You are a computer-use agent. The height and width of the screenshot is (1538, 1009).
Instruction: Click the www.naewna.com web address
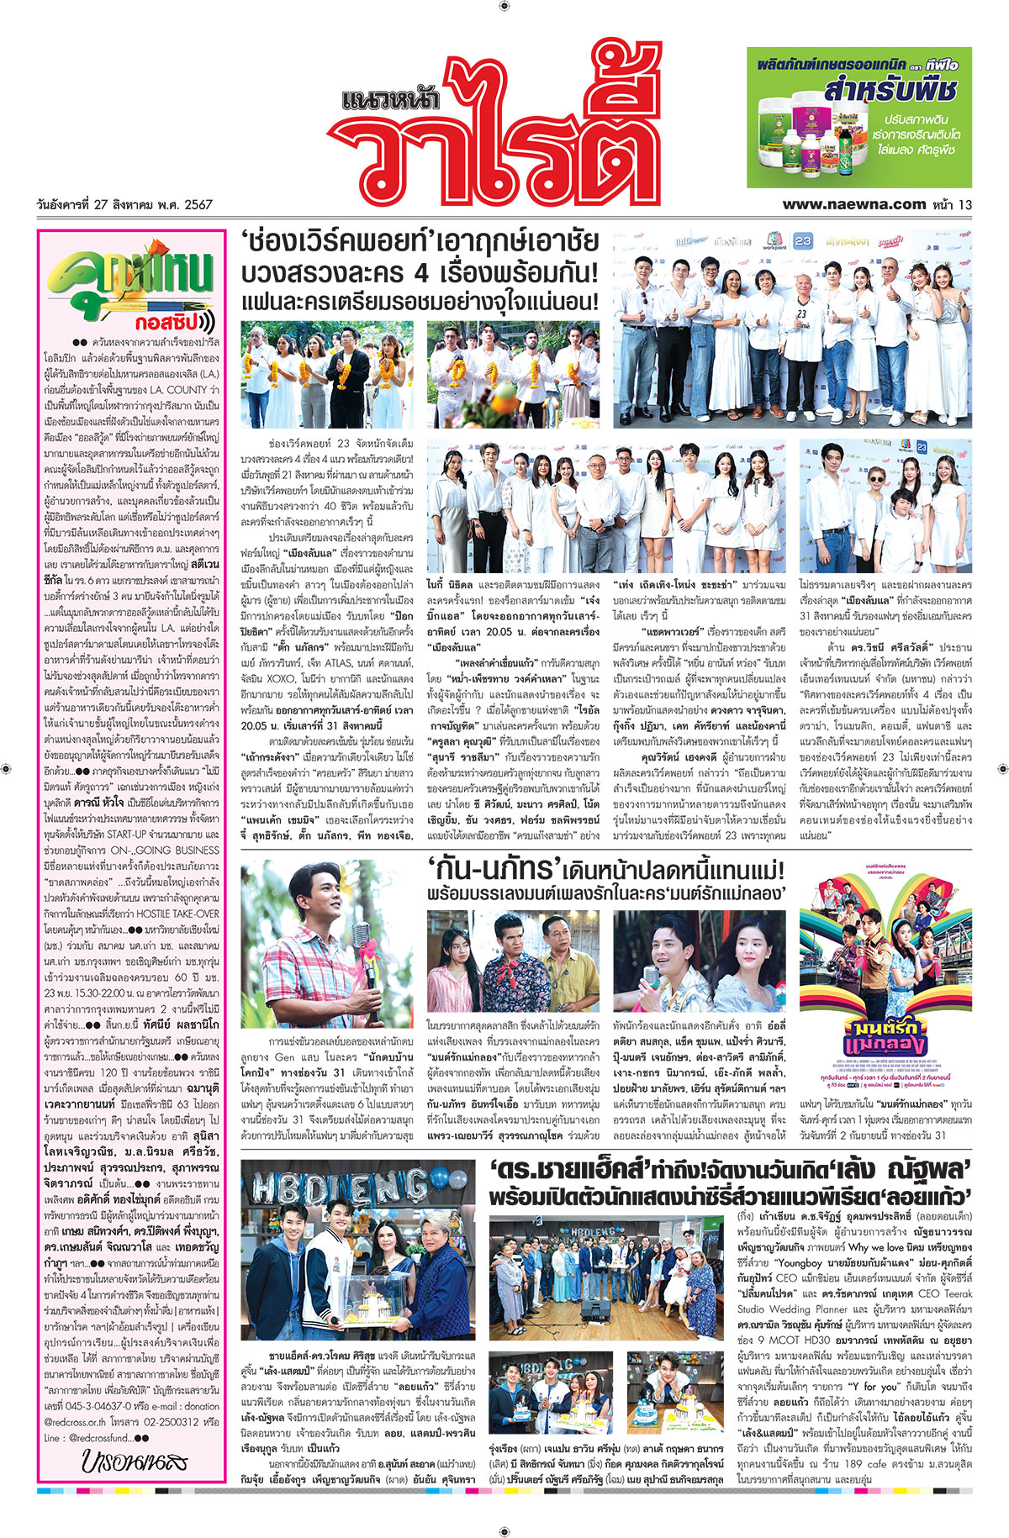click(x=853, y=203)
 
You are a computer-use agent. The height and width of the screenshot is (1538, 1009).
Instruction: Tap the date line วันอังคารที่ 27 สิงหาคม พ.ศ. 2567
click(x=124, y=204)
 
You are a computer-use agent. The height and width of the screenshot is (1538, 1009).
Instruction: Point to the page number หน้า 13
click(x=953, y=203)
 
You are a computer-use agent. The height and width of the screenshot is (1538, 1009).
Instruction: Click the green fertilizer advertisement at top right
click(x=858, y=117)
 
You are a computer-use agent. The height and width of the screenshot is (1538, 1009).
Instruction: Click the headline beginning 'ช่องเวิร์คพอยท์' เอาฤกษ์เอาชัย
click(x=419, y=243)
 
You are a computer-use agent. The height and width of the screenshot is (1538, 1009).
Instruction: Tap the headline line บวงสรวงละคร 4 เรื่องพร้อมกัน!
click(x=419, y=272)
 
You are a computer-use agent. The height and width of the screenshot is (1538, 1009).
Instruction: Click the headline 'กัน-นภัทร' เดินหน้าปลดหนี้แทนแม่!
click(x=605, y=868)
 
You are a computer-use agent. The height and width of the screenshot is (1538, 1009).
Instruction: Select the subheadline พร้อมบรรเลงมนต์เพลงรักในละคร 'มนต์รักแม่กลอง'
click(x=605, y=893)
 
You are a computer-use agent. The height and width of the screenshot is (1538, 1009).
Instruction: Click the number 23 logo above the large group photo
click(x=803, y=241)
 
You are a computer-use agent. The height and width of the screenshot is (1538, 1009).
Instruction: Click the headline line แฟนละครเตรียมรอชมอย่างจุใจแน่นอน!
click(x=419, y=301)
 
